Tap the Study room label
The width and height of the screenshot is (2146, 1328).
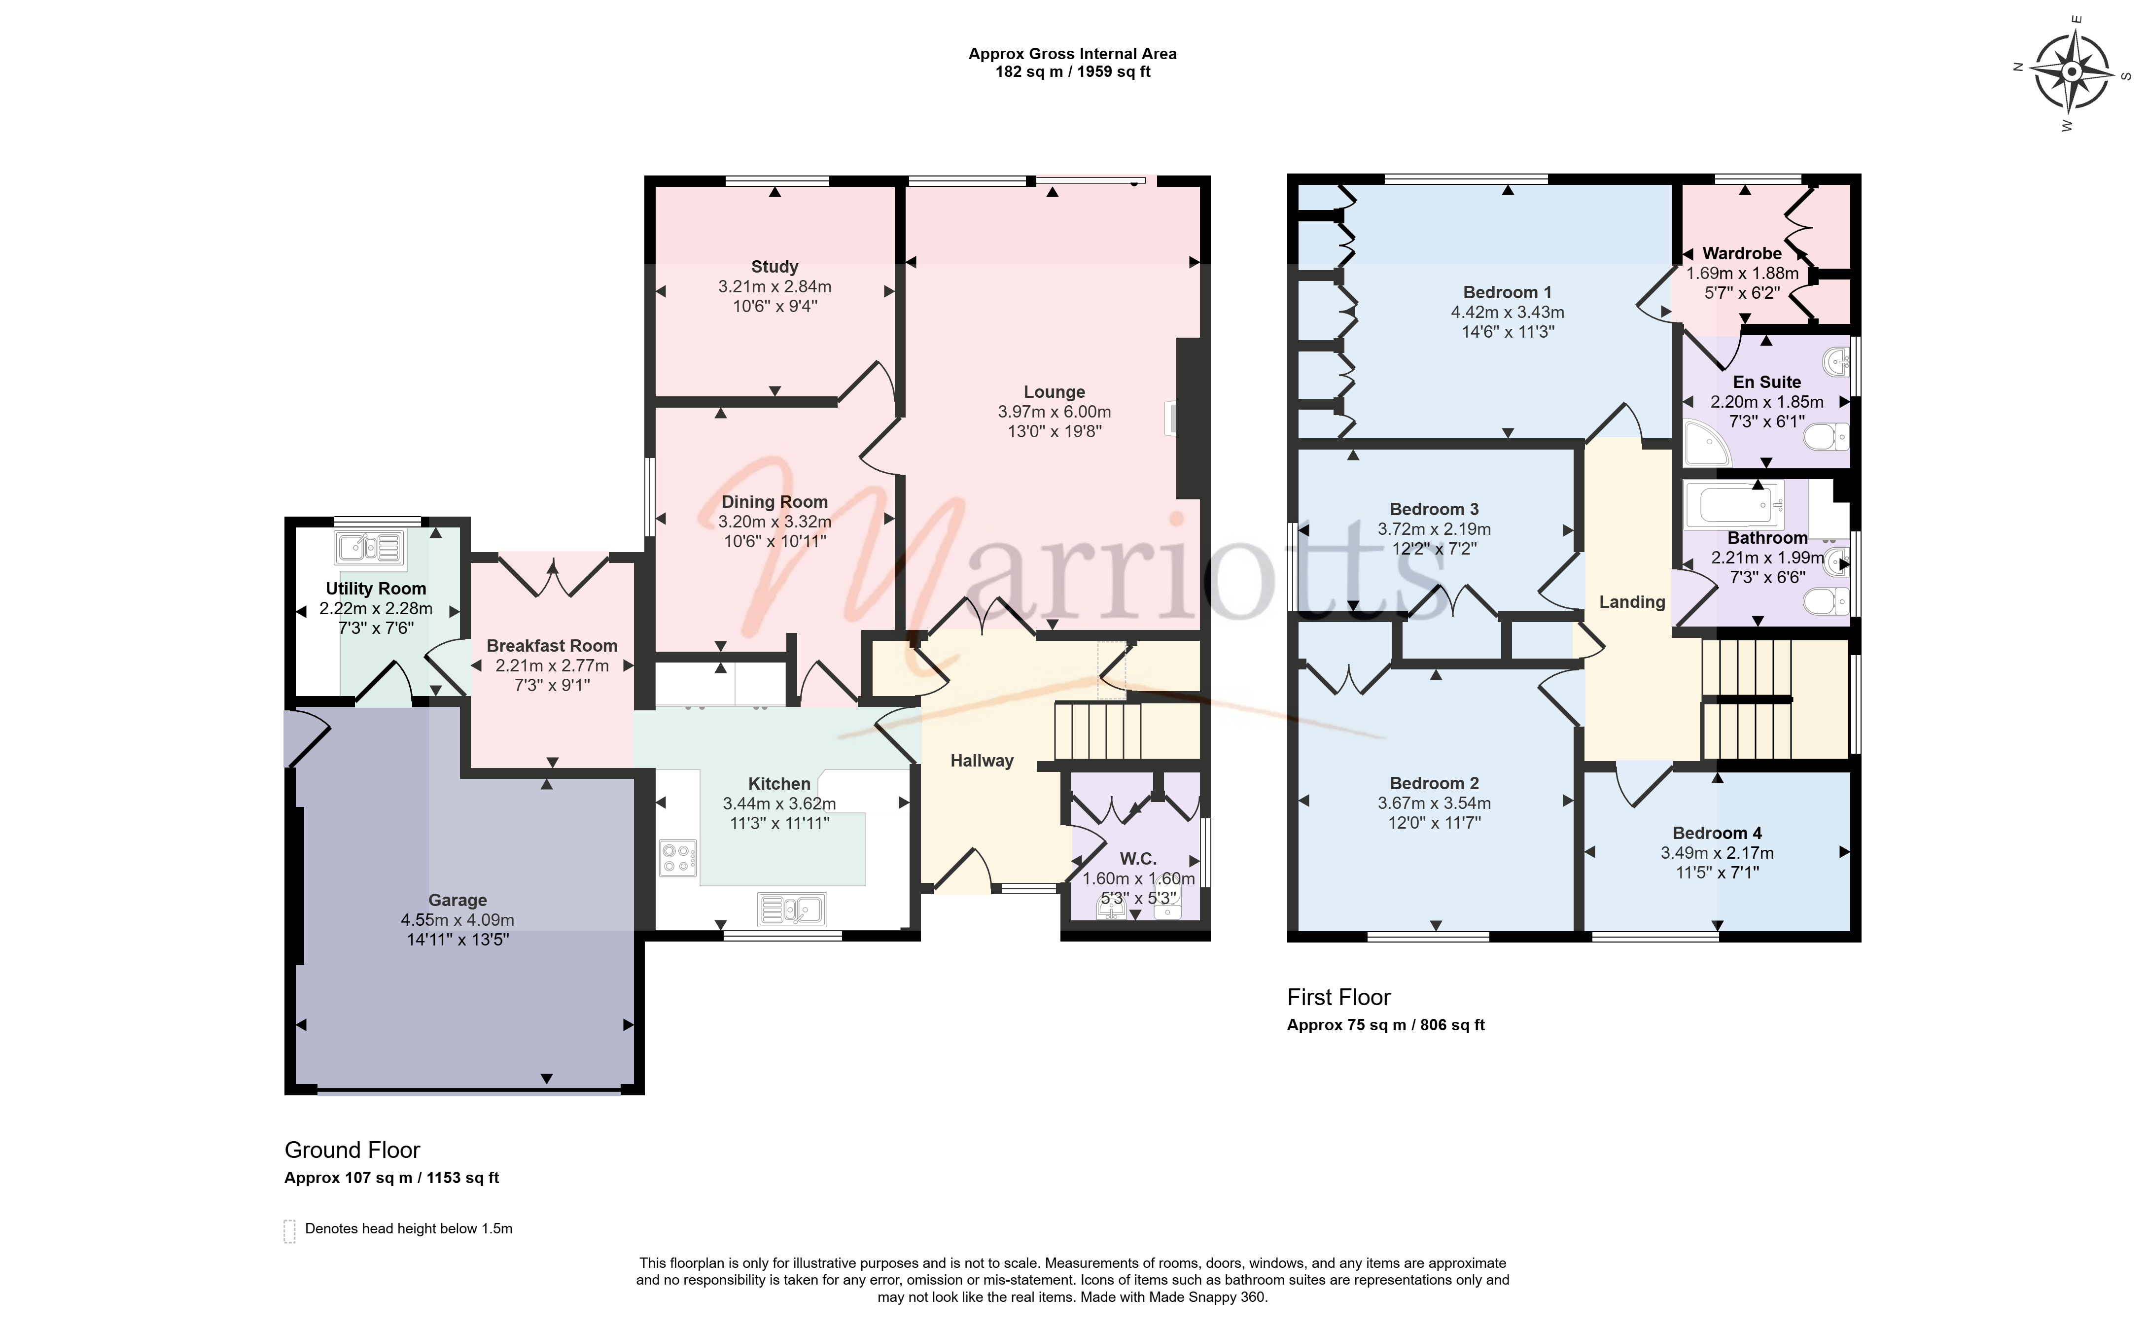pos(775,266)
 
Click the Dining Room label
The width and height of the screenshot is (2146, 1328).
pos(775,501)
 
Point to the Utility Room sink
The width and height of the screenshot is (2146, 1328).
pos(370,548)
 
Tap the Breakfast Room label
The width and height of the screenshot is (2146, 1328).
pos(552,646)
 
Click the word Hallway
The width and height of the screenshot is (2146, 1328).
pos(982,761)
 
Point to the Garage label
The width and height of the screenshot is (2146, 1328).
pos(457,900)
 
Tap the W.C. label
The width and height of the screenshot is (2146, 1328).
pos(1138,859)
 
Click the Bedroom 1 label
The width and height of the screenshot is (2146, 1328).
pos(1508,292)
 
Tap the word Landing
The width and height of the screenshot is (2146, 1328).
pos(1632,601)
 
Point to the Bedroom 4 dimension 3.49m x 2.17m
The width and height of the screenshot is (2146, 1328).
pos(1717,853)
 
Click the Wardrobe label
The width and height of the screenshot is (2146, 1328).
pos(1742,253)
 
